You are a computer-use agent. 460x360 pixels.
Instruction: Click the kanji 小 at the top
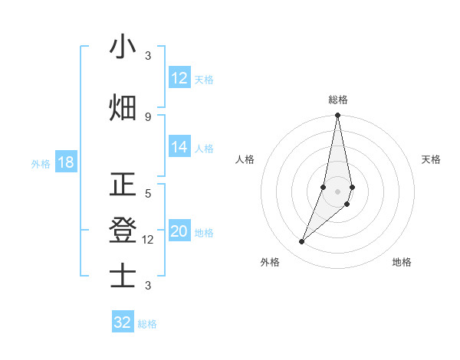123,47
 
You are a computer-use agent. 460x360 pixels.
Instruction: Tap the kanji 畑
123,108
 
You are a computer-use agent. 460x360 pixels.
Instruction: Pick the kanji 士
123,276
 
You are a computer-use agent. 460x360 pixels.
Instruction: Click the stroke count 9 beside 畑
148,116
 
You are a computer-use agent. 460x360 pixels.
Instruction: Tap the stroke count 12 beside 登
149,240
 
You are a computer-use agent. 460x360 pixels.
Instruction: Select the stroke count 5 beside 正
148,194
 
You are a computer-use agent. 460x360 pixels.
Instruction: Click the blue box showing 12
179,79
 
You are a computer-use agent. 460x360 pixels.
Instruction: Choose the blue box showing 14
179,148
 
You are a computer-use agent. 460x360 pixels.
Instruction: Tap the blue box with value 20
179,232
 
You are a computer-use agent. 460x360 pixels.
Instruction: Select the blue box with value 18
65,163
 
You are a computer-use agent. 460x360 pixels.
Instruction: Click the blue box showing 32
123,322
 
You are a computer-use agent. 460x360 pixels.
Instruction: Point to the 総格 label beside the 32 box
147,324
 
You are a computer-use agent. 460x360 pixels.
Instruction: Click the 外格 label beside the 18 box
41,164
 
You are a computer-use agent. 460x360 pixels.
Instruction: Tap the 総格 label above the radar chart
337,100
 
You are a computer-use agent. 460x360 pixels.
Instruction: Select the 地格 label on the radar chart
402,262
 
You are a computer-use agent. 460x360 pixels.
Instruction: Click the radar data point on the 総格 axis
337,116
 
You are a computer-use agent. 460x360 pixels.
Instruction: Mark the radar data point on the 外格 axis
301,242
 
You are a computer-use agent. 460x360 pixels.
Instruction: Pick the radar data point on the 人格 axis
324,187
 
